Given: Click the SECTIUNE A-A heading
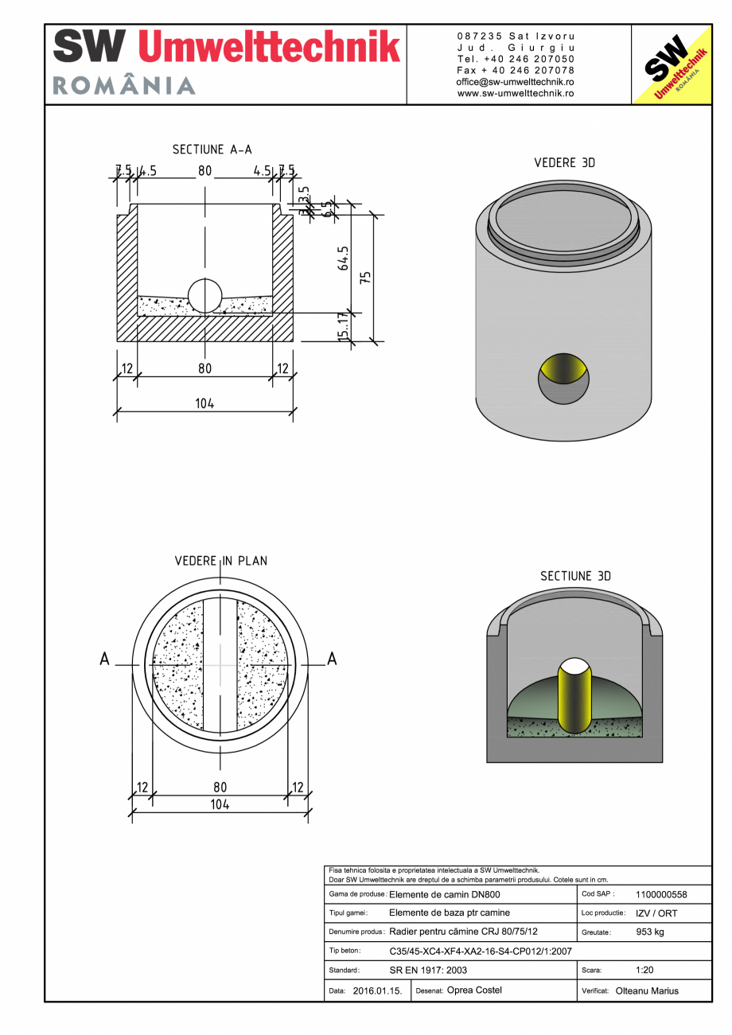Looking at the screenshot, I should tap(212, 150).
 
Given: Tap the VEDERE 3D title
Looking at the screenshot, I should tap(564, 163).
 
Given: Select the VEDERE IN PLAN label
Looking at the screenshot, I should tap(221, 561).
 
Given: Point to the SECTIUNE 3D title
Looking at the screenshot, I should tap(575, 576).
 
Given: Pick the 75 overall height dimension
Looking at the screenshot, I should tap(365, 278).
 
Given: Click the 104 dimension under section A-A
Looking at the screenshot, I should tap(204, 403).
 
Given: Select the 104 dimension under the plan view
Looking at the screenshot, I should tap(220, 804).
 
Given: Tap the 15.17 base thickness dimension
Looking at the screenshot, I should tap(343, 327).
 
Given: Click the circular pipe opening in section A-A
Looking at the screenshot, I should tap(205, 296).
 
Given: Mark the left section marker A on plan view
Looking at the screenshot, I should tap(104, 660).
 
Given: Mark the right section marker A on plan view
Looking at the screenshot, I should tap(332, 660).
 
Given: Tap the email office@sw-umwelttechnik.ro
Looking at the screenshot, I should tap(516, 82).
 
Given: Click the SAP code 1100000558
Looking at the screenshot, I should tap(661, 894).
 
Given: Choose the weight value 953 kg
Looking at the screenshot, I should tap(650, 932).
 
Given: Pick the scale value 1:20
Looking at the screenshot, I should tap(645, 971).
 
